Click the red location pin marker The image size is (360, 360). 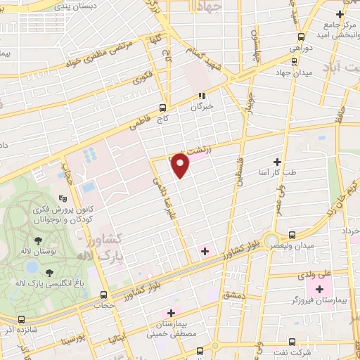(181, 166)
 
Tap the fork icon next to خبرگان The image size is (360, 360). (202, 96)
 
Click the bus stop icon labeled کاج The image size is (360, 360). (163, 108)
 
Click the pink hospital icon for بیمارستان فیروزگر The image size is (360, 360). (320, 289)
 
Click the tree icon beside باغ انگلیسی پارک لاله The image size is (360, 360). (49, 273)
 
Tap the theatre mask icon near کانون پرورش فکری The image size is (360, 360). (63, 199)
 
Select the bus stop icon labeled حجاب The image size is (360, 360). (104, 295)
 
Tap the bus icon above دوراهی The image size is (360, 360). (300, 37)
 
